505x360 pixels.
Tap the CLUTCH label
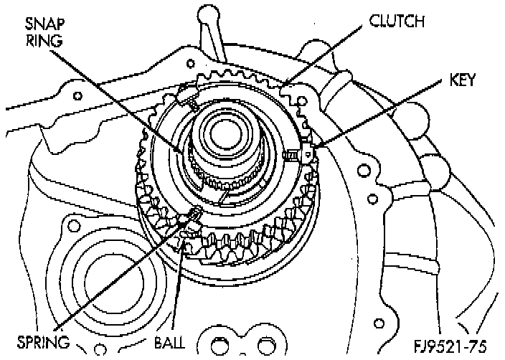pos(397,22)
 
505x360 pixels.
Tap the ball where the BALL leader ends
pos(188,247)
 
